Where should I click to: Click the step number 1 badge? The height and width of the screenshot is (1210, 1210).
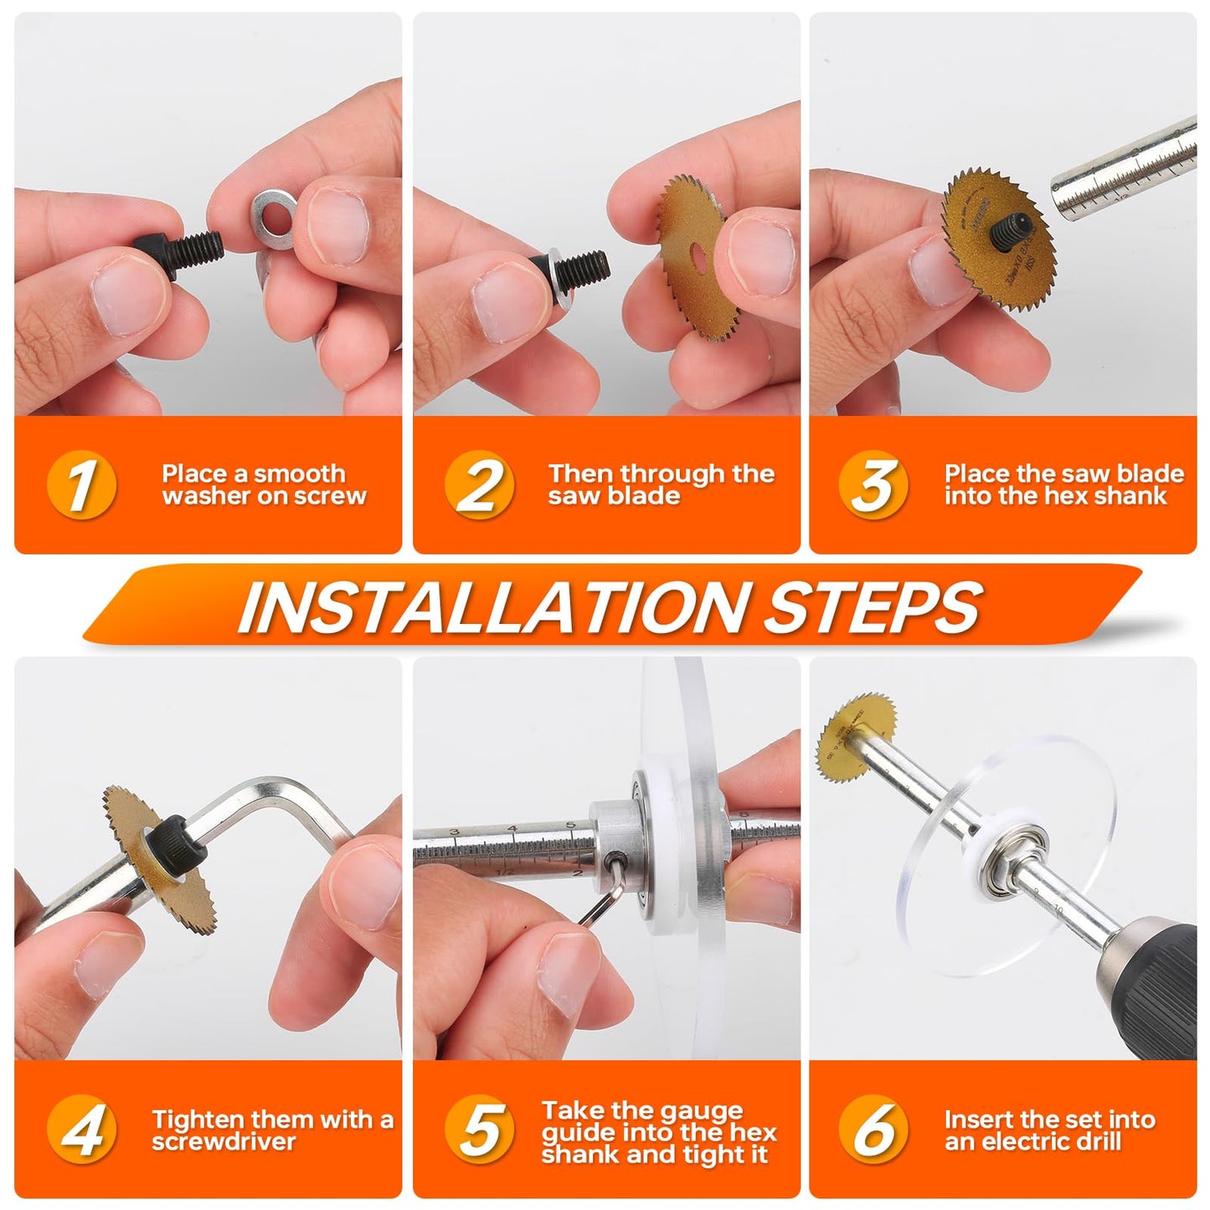point(81,485)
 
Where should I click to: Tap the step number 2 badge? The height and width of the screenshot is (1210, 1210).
point(479,485)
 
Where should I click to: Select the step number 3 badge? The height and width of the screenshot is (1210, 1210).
point(873,485)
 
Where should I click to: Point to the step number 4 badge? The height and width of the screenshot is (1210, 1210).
point(81,1130)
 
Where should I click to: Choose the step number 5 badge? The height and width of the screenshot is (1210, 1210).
point(479,1130)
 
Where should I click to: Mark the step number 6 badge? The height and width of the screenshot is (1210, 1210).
point(873,1130)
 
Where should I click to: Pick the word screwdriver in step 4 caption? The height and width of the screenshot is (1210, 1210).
point(224,1142)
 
